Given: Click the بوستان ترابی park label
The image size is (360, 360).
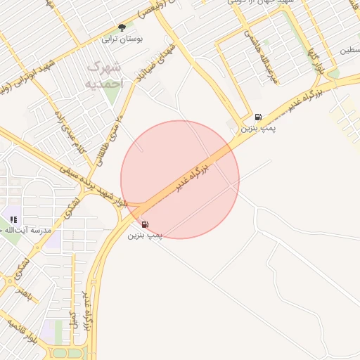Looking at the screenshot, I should (x=123, y=39).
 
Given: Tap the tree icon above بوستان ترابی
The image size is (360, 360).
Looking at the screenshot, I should (x=122, y=27).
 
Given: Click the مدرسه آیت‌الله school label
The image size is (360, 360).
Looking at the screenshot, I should (x=27, y=231).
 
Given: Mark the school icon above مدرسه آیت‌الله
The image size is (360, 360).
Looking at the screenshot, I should (x=13, y=219).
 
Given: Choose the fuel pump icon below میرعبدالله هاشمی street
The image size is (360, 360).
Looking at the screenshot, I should (x=259, y=117).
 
